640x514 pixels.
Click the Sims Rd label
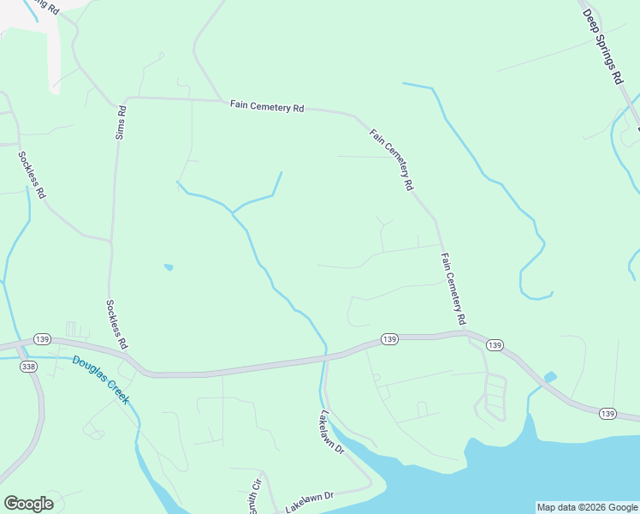coord(121,123)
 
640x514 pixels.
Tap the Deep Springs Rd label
coord(602,46)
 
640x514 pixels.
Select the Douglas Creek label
coord(100,380)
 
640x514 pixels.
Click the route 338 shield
coord(29,366)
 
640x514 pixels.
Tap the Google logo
coord(28,504)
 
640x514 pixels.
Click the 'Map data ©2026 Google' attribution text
coord(587,507)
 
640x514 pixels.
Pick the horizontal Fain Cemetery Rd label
coord(267,107)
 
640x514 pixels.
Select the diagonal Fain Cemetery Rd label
coord(393,159)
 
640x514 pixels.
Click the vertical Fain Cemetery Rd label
coord(453,288)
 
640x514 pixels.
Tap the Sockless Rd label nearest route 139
coord(116,324)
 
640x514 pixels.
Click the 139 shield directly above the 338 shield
coord(43,338)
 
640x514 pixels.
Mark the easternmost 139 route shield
coord(607,414)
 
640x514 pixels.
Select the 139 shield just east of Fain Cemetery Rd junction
coord(494,344)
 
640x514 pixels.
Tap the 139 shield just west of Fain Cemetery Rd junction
coord(389,339)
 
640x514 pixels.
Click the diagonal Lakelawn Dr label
coord(331,432)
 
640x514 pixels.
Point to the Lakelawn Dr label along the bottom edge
coord(309,502)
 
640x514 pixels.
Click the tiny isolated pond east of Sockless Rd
coord(169,267)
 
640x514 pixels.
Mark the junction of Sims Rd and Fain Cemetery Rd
coord(127,99)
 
